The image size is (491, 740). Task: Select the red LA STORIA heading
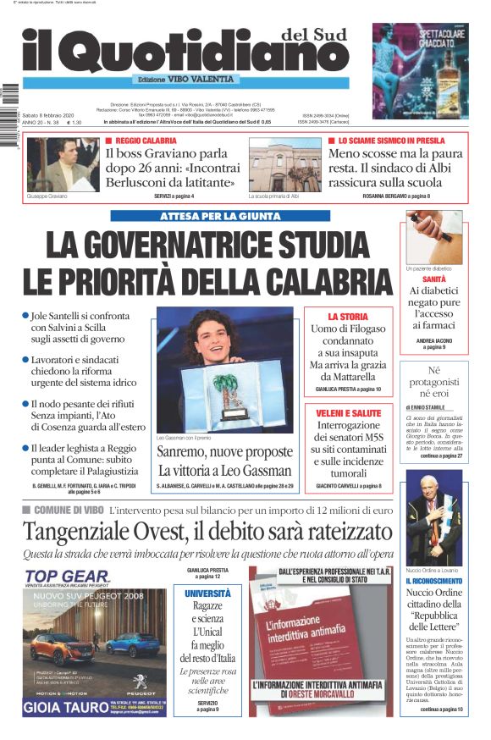pos(348,316)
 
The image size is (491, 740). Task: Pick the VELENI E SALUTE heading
pos(349,412)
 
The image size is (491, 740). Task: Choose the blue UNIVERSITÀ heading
pos(207,594)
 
